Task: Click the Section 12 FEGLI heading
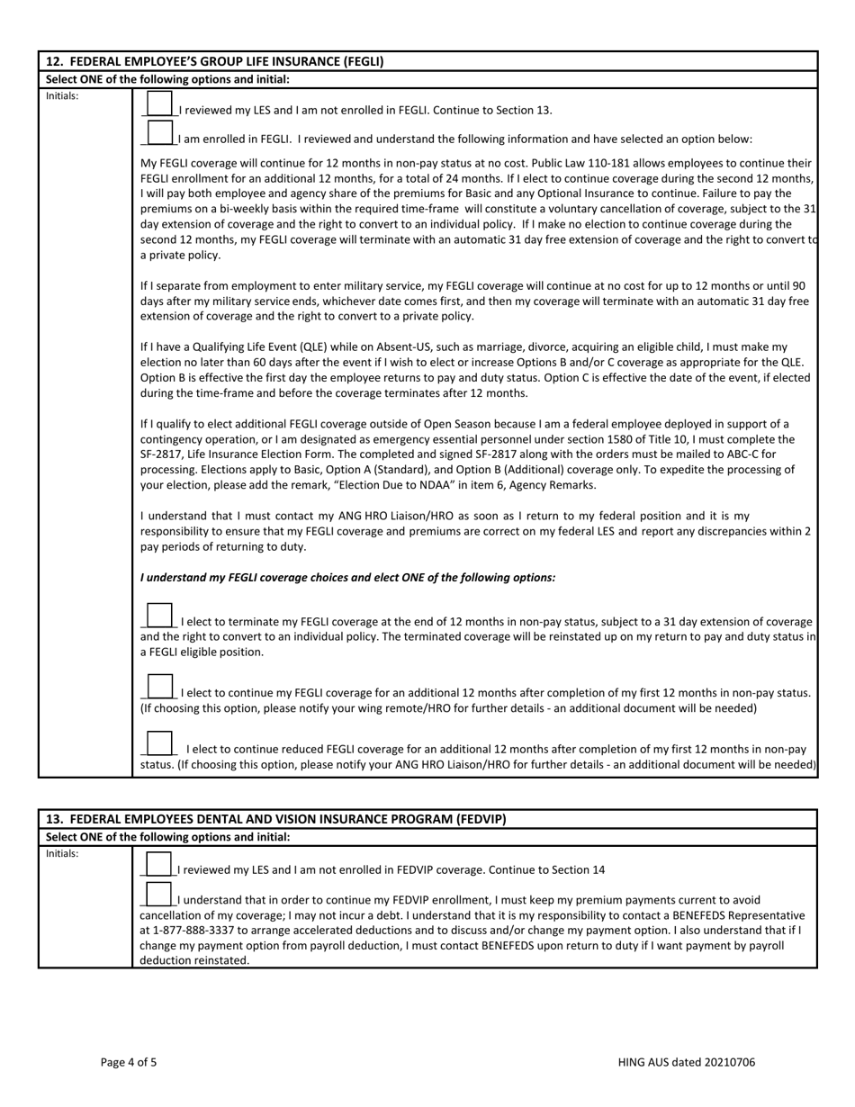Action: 214,61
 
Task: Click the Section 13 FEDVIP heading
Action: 275,819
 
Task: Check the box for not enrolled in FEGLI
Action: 158,103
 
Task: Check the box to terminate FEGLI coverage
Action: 158,616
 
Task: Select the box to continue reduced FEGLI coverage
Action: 158,742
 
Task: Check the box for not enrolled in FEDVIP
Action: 158,863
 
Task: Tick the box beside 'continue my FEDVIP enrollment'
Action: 158,894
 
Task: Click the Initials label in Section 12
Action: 62,95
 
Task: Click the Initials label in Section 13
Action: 62,853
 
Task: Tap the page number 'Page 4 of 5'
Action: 129,1062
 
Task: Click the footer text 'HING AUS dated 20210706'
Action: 687,1062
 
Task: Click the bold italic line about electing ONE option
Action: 347,577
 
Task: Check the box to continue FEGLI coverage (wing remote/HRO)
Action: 158,687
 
